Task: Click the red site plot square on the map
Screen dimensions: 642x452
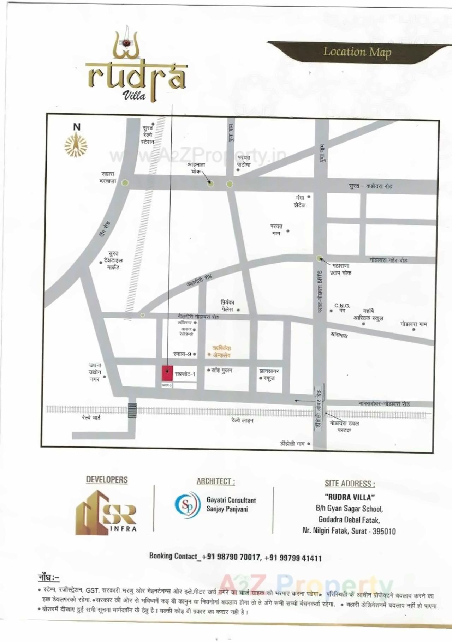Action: pyautogui.click(x=167, y=373)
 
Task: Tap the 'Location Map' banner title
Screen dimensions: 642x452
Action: pyautogui.click(x=357, y=52)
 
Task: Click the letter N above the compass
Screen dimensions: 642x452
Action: pyautogui.click(x=76, y=127)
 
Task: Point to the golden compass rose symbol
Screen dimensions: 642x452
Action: pyautogui.click(x=76, y=145)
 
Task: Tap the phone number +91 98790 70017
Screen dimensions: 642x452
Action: pyautogui.click(x=231, y=557)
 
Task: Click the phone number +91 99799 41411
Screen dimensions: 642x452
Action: pyautogui.click(x=293, y=558)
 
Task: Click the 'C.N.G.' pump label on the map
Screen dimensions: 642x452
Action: pyautogui.click(x=342, y=306)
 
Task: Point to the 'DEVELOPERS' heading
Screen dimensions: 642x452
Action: pyautogui.click(x=107, y=480)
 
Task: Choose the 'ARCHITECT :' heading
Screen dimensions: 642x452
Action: pyautogui.click(x=215, y=481)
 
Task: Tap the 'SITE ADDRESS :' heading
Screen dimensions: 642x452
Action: pyautogui.click(x=350, y=484)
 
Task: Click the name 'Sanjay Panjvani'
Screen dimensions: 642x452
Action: pyautogui.click(x=227, y=509)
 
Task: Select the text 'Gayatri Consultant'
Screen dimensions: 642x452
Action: pyautogui.click(x=231, y=500)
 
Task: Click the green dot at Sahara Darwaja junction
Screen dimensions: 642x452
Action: pyautogui.click(x=125, y=183)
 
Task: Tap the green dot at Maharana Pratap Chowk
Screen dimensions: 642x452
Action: pyautogui.click(x=319, y=258)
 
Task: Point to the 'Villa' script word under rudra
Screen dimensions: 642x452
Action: pyautogui.click(x=134, y=95)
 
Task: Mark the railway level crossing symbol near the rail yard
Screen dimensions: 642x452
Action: pyautogui.click(x=132, y=410)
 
